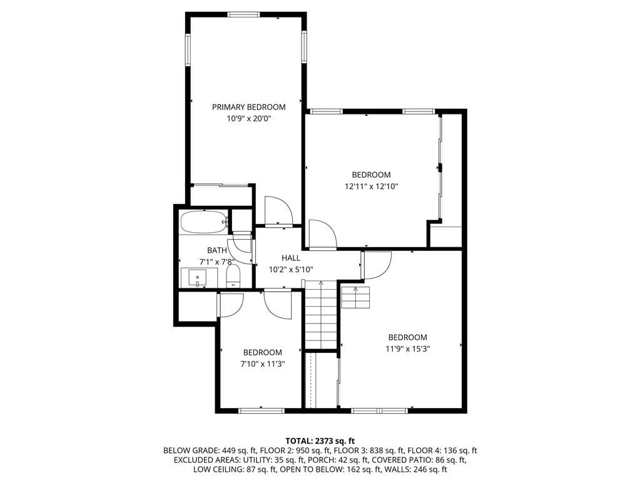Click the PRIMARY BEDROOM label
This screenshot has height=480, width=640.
(x=248, y=107)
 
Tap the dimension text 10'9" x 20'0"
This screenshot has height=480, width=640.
(x=248, y=118)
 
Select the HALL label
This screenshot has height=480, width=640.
(x=291, y=258)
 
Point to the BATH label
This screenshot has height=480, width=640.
(x=217, y=250)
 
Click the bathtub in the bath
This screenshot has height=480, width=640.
(x=204, y=222)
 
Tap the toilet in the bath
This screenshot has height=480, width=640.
(x=233, y=277)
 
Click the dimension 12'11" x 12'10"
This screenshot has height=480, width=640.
(x=371, y=186)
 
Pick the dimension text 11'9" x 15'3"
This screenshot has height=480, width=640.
(x=407, y=349)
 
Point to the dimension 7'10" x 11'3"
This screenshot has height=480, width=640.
(x=263, y=364)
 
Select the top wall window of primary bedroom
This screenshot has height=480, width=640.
(x=244, y=14)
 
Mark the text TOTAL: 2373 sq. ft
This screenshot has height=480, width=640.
(x=320, y=441)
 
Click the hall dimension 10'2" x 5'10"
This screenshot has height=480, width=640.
(x=291, y=269)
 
